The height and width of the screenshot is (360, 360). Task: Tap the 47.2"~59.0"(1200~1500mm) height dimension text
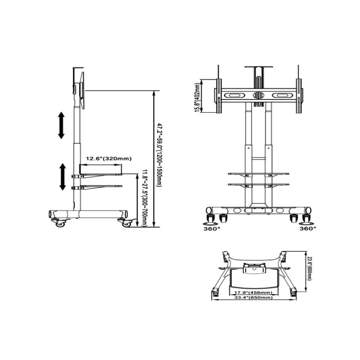pos(159,155)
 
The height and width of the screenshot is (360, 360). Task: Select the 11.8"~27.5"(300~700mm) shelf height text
pos(144,198)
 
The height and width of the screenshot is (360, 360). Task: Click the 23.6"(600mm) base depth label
pos(310,268)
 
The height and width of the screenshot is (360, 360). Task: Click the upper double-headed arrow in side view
pos(61,125)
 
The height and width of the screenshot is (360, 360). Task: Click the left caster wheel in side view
pos(59,223)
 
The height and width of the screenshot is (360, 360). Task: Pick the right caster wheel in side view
pos(126,223)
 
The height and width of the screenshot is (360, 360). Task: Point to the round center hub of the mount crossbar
pos(258,95)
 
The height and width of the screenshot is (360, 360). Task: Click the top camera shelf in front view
pos(258,67)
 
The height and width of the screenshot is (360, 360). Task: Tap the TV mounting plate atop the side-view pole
pos(82,90)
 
